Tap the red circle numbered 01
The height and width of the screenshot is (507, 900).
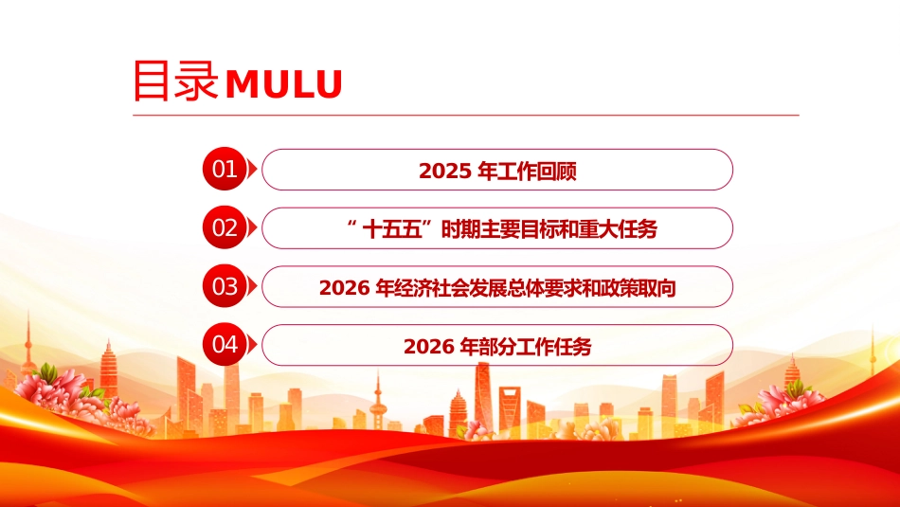pyautogui.click(x=225, y=171)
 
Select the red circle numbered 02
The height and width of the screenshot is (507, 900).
pyautogui.click(x=225, y=228)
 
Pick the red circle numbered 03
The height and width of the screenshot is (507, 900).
pyautogui.click(x=225, y=287)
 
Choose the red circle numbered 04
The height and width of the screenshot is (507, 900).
pyautogui.click(x=225, y=345)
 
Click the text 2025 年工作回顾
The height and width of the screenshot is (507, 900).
pyautogui.click(x=497, y=172)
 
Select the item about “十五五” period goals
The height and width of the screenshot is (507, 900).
pyautogui.click(x=497, y=229)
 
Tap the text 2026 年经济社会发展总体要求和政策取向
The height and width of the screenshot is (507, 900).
pyautogui.click(x=497, y=288)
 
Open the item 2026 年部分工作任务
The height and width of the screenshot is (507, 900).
pyautogui.click(x=497, y=347)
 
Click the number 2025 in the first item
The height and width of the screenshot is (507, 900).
pyautogui.click(x=445, y=172)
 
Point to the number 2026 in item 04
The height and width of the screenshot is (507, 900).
pyautogui.click(x=429, y=347)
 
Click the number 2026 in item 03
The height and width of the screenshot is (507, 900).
pyautogui.click(x=345, y=288)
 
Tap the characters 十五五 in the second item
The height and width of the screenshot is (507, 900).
pyautogui.click(x=398, y=229)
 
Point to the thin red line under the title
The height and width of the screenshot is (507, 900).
pyautogui.click(x=464, y=116)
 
